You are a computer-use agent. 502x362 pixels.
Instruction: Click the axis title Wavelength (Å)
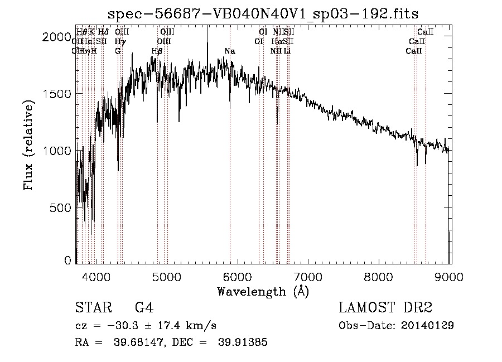click(x=263, y=291)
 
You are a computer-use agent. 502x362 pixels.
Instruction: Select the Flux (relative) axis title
click(x=29, y=146)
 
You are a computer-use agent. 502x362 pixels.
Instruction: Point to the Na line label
click(x=230, y=51)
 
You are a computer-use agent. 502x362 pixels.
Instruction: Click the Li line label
click(x=287, y=51)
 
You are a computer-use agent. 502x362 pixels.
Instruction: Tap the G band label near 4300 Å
click(x=118, y=51)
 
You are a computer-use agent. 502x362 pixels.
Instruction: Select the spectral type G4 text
click(x=144, y=307)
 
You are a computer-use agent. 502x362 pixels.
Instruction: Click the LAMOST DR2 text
click(x=385, y=307)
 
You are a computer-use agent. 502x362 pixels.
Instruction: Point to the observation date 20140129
click(x=429, y=325)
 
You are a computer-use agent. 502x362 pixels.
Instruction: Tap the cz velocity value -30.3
click(x=115, y=325)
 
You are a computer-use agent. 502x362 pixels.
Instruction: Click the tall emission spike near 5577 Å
click(x=207, y=33)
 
